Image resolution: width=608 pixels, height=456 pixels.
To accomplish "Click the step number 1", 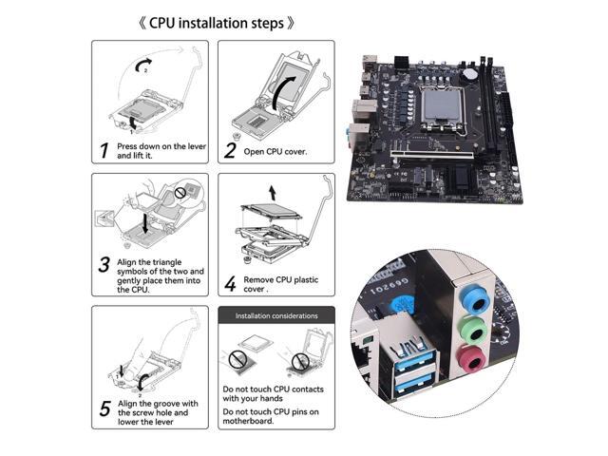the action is [104, 150].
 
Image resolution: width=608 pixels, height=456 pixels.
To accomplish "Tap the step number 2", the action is [230, 150].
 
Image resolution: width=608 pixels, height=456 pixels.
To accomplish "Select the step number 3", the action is [104, 264].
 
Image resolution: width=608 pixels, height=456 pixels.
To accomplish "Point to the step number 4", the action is [230, 283].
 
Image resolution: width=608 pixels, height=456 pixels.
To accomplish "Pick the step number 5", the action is [104, 409].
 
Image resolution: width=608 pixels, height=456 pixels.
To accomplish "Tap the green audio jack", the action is [475, 332].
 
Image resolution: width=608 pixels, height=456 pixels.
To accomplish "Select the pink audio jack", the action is [474, 360].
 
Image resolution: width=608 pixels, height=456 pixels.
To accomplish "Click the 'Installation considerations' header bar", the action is [276, 315].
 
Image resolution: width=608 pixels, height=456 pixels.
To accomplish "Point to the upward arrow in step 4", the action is [273, 193].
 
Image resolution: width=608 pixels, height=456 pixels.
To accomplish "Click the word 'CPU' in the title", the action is [161, 23].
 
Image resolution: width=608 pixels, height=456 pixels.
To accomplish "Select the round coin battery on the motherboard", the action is [470, 74].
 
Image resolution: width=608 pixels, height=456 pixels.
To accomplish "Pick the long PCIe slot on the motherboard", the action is [431, 156].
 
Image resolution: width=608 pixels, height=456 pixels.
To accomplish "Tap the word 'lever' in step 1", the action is [197, 146].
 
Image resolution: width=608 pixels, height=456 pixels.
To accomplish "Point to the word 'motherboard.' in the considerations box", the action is [248, 421].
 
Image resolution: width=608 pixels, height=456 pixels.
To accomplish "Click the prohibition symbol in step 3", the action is [180, 193].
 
